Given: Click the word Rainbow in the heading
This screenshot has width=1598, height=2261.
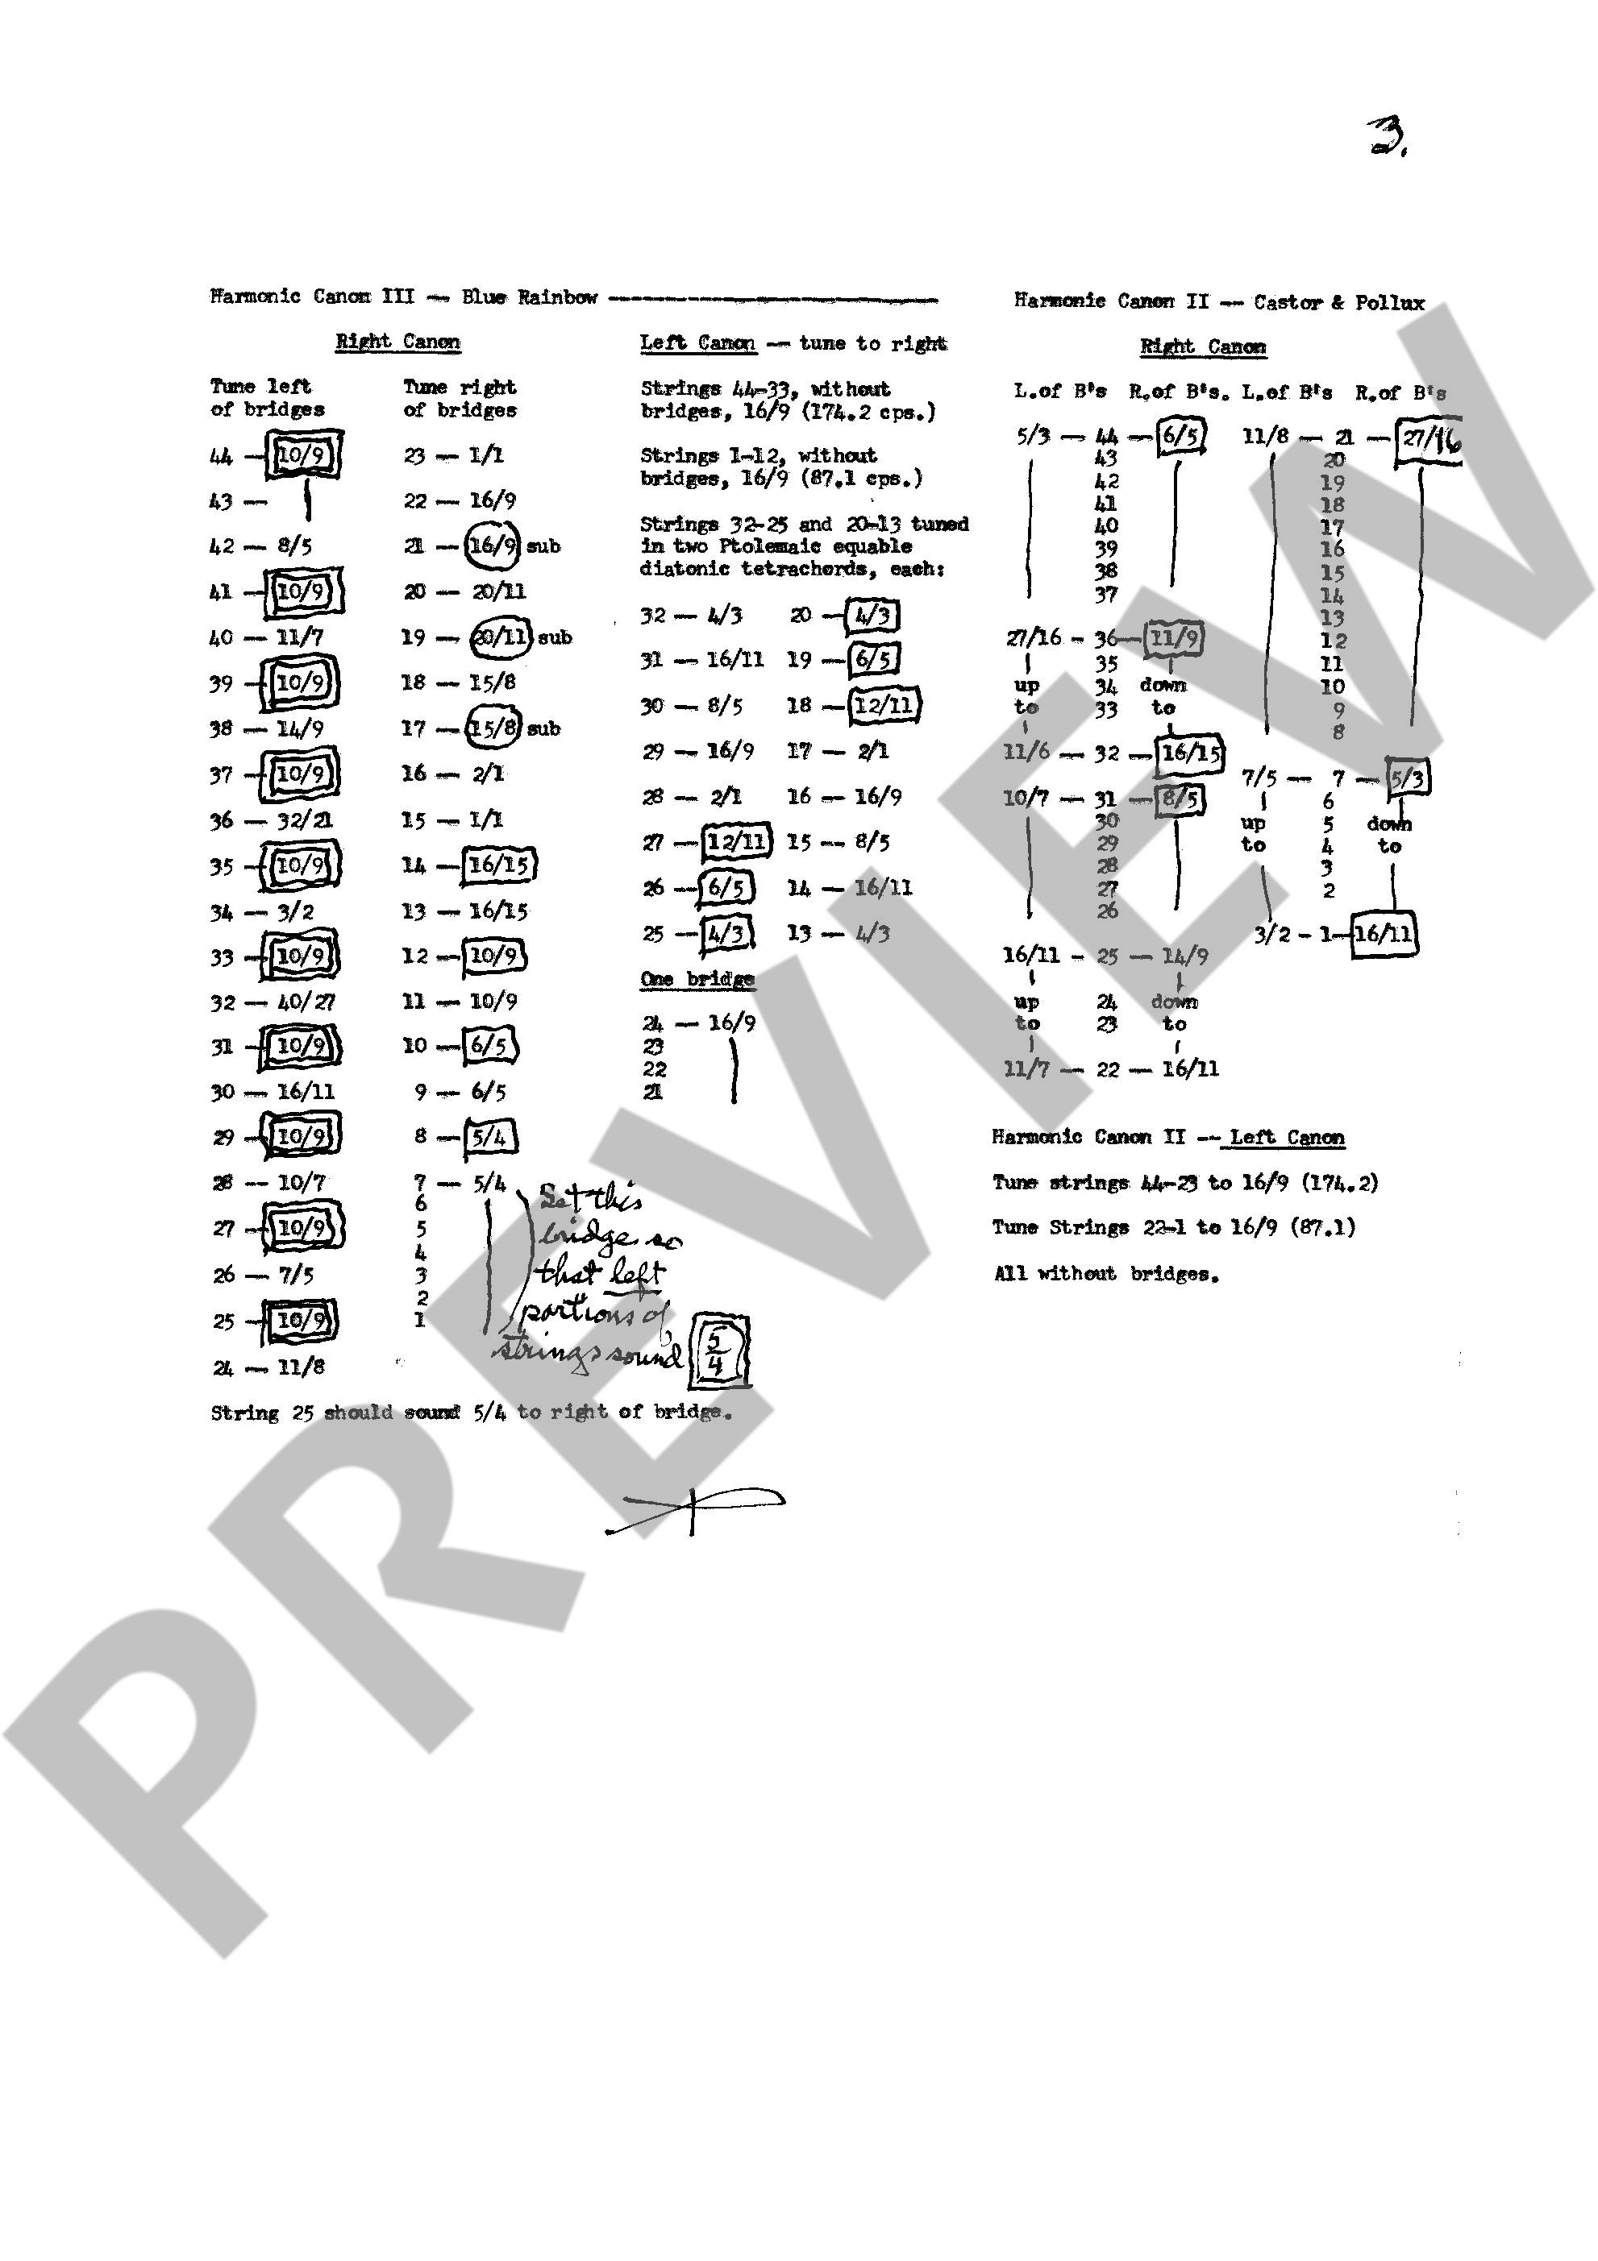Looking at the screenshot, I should click(x=558, y=297).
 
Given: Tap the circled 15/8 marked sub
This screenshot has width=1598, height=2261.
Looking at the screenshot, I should click(x=493, y=728).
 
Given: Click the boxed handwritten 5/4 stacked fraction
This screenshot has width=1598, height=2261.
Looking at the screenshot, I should click(x=718, y=1351).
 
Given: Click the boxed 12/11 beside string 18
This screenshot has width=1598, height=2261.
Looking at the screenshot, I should click(x=884, y=705).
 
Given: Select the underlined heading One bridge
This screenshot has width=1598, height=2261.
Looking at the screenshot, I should click(x=697, y=979).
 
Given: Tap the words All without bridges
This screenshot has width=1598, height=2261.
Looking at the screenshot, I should click(x=1105, y=1273).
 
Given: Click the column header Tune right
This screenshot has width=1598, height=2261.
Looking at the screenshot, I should click(x=459, y=387).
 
